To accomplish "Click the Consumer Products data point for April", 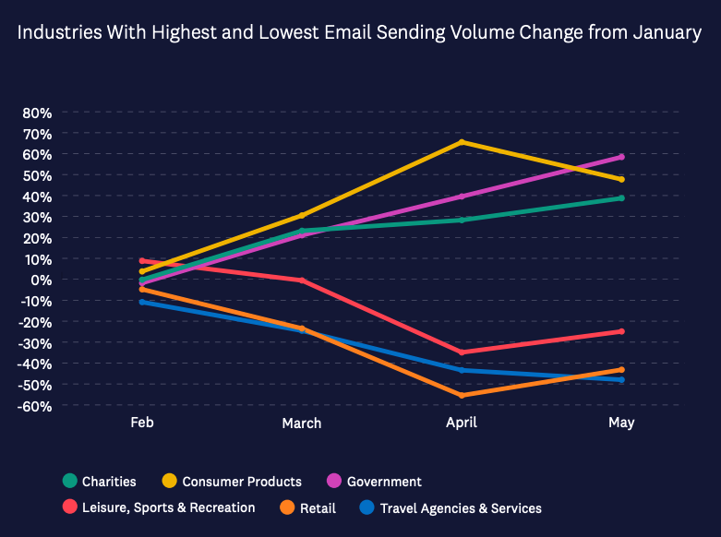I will point(462,142).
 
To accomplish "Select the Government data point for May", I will point(621,157).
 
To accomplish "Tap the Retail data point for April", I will point(462,395).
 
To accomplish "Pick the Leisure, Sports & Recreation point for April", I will point(462,352).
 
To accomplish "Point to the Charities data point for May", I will point(621,198).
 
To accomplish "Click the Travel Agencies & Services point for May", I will point(621,379).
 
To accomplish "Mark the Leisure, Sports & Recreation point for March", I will point(302,280).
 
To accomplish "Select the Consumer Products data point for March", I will point(302,215).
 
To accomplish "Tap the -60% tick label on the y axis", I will point(33,405).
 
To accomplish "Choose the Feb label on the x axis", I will point(142,422).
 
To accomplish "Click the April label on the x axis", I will point(462,422).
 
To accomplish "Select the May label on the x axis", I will point(621,422).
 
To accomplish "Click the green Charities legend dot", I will point(69,481).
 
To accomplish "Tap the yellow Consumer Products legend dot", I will point(170,481).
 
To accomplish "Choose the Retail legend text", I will point(317,507).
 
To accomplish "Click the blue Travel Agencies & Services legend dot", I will point(367,507).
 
